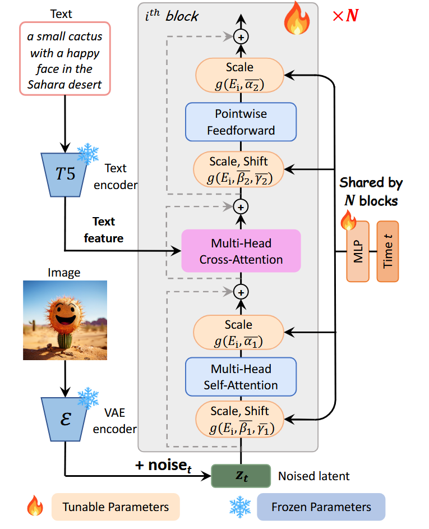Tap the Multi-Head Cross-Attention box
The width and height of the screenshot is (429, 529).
[241, 251]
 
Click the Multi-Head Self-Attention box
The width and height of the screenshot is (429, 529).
[241, 377]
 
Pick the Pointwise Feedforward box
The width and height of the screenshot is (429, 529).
[241, 122]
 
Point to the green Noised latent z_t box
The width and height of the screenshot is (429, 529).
[241, 476]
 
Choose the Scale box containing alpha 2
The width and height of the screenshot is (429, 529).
[240, 76]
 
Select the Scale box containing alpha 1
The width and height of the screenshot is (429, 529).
[240, 333]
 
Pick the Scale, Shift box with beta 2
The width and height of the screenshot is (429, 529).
[240, 169]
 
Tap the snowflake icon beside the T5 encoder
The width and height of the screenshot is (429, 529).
[87, 153]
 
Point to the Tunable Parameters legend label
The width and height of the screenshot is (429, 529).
[115, 507]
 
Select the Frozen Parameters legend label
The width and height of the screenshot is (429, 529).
[321, 507]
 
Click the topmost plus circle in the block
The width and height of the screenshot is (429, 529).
[241, 36]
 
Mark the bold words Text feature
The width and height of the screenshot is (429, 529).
[103, 230]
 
